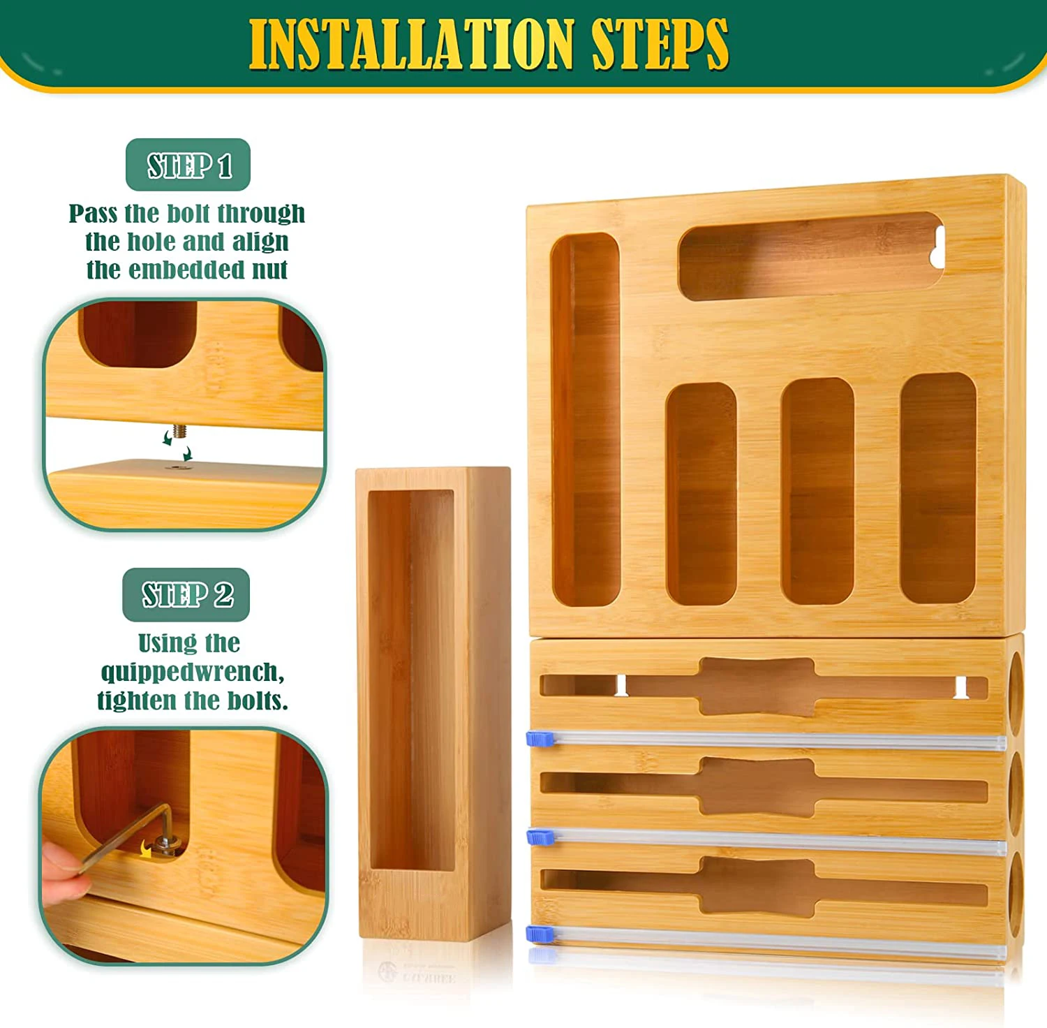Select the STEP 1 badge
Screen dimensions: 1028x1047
[188, 166]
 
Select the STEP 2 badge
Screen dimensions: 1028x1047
[186, 595]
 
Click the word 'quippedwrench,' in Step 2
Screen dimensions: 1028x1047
[193, 672]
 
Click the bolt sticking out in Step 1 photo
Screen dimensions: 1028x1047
[179, 431]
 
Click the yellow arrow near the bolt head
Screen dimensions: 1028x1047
[145, 849]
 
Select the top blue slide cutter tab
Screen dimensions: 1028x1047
[539, 738]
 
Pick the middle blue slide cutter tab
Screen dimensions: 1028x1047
[539, 836]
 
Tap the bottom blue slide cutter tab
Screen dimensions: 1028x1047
[539, 934]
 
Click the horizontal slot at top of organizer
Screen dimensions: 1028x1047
[810, 256]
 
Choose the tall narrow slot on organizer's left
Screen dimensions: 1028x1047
[585, 419]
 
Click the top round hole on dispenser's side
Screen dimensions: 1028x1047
[1016, 684]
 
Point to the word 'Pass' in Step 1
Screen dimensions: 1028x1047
[93, 214]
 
